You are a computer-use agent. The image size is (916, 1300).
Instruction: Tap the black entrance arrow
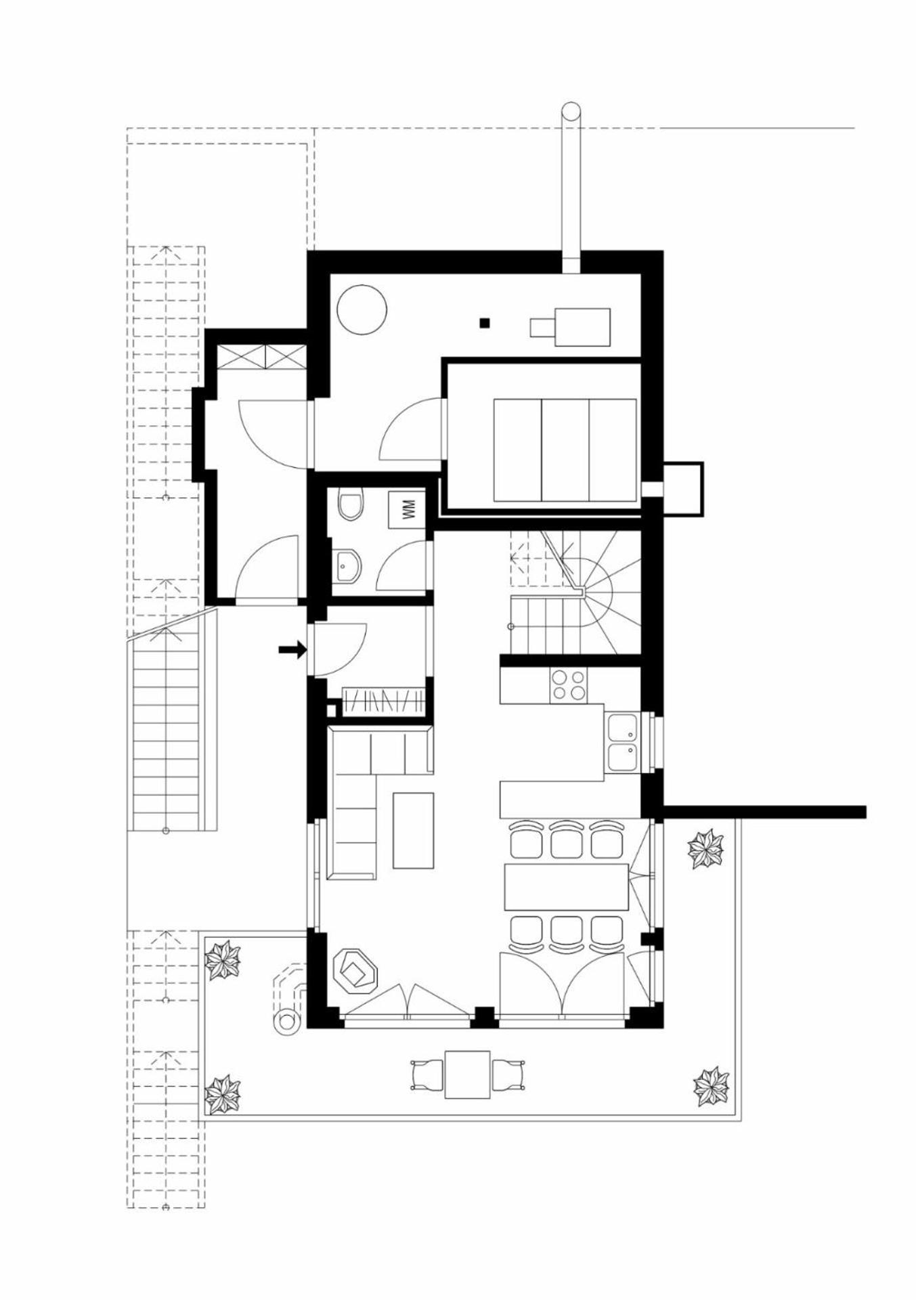click(x=292, y=650)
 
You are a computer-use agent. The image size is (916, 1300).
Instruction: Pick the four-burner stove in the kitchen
click(x=569, y=685)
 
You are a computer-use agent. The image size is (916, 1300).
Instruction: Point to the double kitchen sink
click(x=622, y=742)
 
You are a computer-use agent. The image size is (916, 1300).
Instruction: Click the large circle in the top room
click(x=362, y=309)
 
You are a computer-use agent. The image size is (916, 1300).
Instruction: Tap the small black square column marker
click(x=483, y=323)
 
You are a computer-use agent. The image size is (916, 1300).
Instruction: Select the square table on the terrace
click(x=467, y=1075)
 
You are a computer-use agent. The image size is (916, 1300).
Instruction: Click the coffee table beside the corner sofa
click(x=413, y=831)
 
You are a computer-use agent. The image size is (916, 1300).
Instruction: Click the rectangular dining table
click(x=566, y=887)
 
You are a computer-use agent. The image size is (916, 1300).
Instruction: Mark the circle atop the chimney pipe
click(x=572, y=112)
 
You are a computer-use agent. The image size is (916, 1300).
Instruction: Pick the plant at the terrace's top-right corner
click(x=705, y=849)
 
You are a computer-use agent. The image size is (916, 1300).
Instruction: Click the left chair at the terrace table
click(x=427, y=1075)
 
